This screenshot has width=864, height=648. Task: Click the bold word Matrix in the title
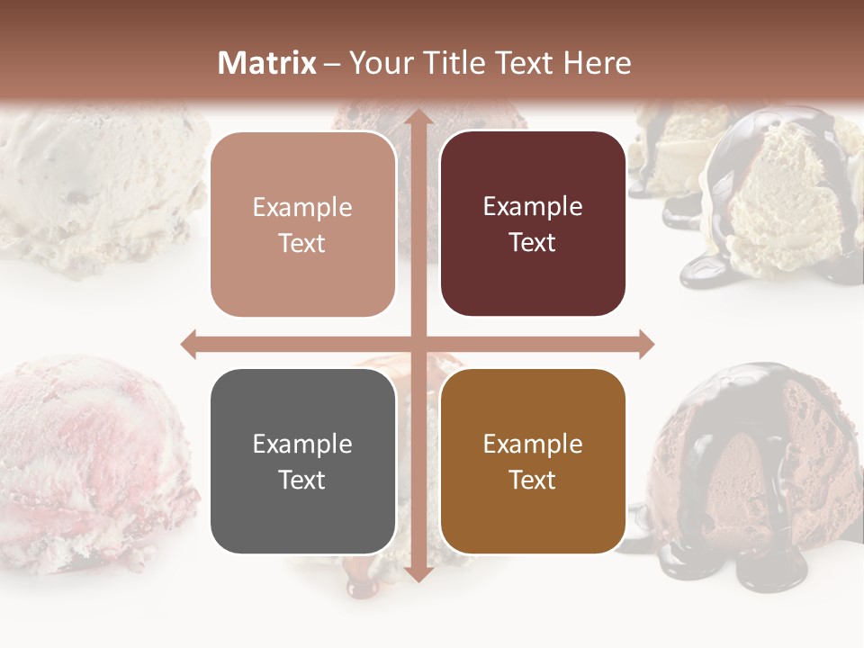click(x=267, y=63)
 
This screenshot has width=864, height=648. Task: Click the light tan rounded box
click(x=302, y=225)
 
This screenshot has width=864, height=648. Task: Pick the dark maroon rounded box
click(x=533, y=224)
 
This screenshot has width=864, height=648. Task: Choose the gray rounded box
click(x=302, y=462)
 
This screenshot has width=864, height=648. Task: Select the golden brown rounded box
click(x=533, y=462)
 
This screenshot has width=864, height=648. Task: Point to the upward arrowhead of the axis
click(x=418, y=117)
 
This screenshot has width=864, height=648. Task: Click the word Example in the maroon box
click(x=533, y=206)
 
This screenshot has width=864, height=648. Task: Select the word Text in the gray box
click(x=302, y=480)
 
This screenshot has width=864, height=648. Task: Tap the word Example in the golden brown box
click(x=533, y=444)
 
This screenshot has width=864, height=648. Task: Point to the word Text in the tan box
click(x=302, y=243)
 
